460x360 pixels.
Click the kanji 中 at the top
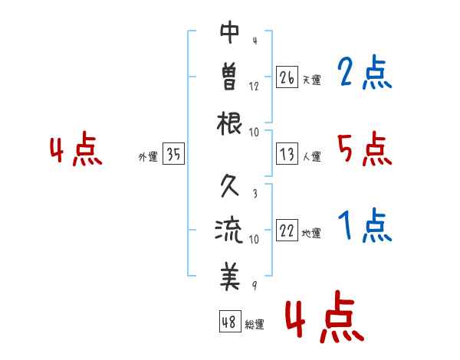click(230, 32)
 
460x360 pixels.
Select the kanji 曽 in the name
click(230, 77)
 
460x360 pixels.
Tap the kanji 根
click(229, 123)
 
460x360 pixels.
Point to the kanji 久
click(230, 185)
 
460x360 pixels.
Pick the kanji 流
click(229, 230)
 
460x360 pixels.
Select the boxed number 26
click(287, 77)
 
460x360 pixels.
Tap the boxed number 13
click(287, 154)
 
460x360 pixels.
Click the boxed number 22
click(287, 230)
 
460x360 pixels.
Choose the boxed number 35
click(173, 153)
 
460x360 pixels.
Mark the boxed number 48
click(230, 321)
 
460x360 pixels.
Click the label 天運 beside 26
click(312, 80)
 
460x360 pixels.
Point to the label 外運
click(148, 156)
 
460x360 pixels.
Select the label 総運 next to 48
click(255, 324)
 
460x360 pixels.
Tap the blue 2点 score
click(365, 72)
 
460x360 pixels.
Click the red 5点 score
click(365, 149)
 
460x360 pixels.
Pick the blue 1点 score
click(365, 225)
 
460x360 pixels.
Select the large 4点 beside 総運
click(325, 316)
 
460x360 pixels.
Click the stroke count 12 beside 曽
click(254, 87)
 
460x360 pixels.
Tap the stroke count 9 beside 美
click(255, 285)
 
